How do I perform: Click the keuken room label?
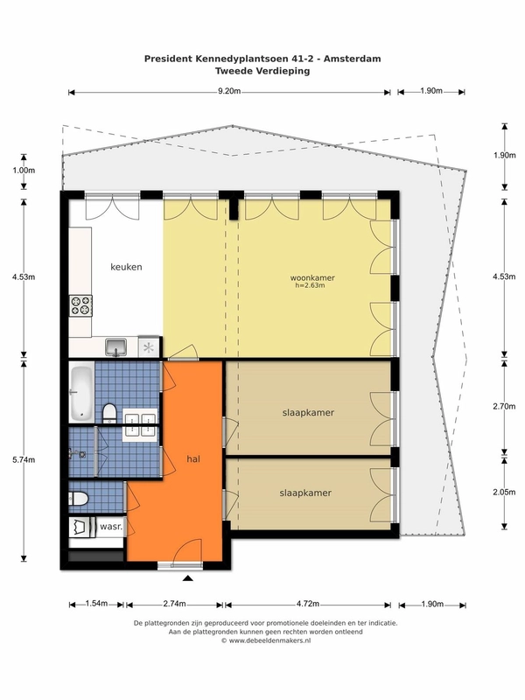pos(126,267)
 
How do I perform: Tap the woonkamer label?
pos(312,277)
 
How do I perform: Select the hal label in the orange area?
pos(193,458)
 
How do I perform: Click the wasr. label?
pos(111,527)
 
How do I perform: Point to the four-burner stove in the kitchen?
pos(80,305)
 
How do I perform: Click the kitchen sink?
pos(116,347)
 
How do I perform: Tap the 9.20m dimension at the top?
pos(229,92)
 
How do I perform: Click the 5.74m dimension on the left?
pos(24,459)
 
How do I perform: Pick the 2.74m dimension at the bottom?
pos(174,604)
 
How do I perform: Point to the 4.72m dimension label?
pos(308,604)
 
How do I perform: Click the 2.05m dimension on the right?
pos(504,492)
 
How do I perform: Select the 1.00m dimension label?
pos(24,170)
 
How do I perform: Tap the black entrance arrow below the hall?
pos(188,578)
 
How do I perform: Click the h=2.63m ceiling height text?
pos(310,285)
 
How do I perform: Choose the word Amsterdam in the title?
pos(353,59)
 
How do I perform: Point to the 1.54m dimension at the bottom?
pos(96,604)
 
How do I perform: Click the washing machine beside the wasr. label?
pos(82,528)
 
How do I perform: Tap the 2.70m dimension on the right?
pos(504,406)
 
